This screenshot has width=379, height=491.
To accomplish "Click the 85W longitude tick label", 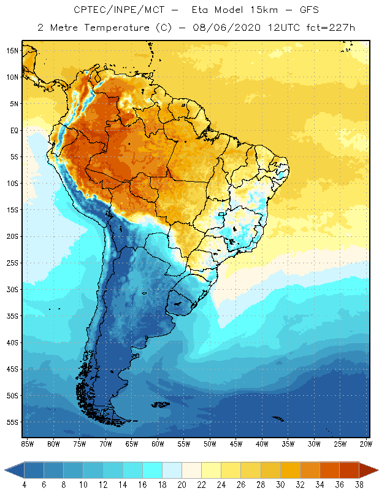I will (28, 443).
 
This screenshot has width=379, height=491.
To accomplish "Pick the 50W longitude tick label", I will (210, 443).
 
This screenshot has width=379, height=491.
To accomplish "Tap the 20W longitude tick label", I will (366, 443).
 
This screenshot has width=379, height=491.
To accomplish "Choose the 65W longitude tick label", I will (132, 443).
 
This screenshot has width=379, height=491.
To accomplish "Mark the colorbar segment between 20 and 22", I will (191, 470).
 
